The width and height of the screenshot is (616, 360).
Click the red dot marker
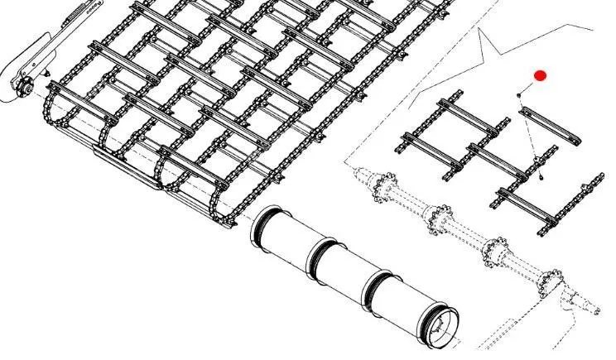coord(541,76)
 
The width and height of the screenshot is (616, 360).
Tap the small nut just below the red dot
coord(520,94)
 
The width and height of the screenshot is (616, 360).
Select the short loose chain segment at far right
coord(585,198)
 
